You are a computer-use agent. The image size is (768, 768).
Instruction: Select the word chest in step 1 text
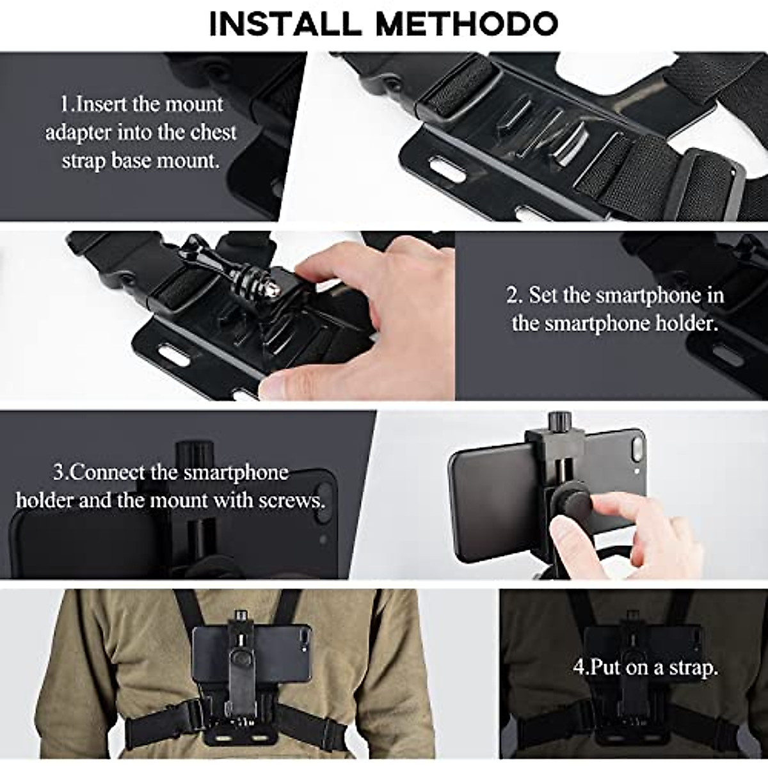coord(214,132)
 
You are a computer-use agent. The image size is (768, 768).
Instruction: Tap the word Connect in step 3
coord(107,472)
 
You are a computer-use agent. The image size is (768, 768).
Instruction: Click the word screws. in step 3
coord(298,499)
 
